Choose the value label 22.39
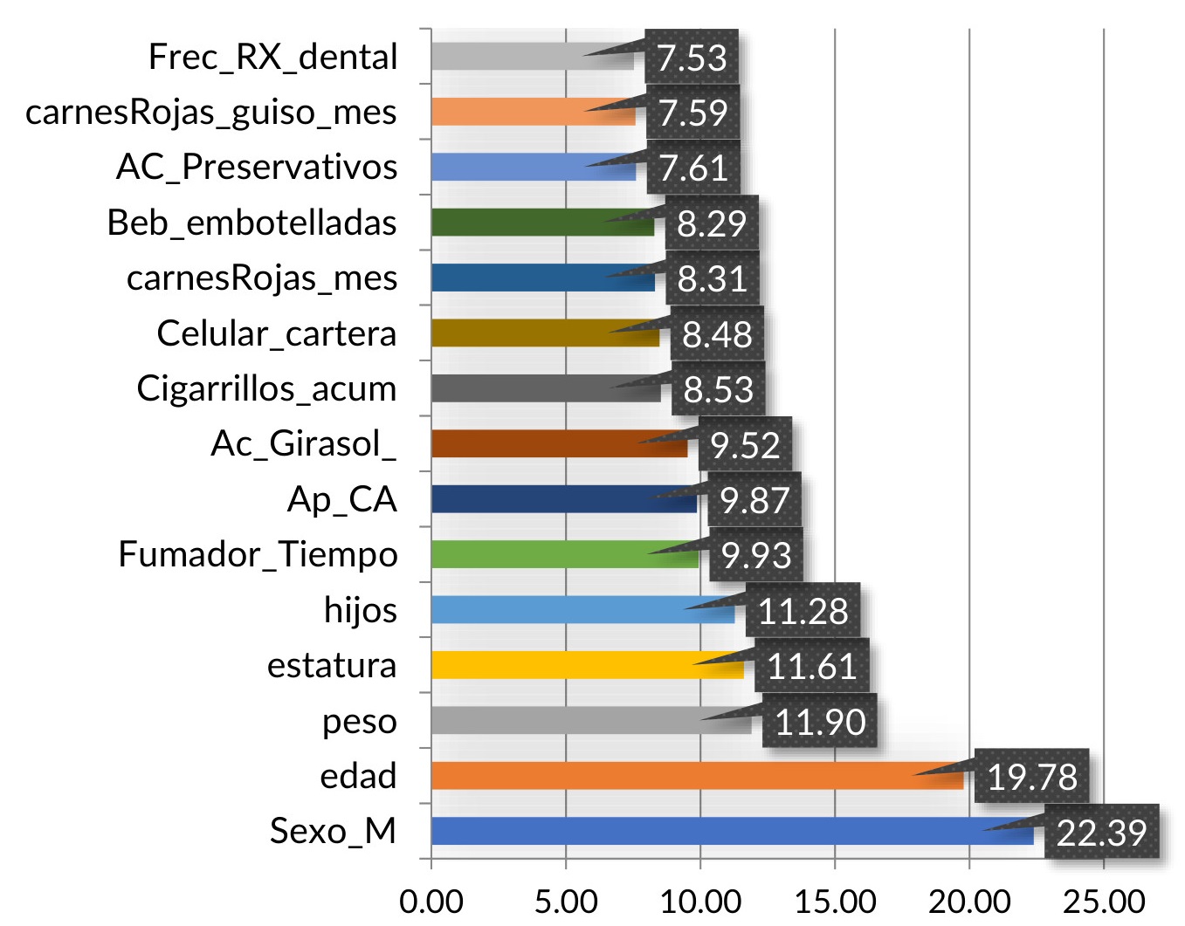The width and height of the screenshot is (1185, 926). click(1101, 832)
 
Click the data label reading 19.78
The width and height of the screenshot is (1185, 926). click(1031, 776)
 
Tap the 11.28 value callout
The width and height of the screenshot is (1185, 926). click(803, 610)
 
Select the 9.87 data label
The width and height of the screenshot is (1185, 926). click(754, 499)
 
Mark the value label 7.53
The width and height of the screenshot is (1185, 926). click(692, 58)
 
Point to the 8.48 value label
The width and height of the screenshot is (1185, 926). click(717, 333)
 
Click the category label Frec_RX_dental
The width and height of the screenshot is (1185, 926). click(272, 58)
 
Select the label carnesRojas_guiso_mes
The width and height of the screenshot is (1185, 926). click(211, 113)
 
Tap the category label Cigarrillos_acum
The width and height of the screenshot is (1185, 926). click(266, 388)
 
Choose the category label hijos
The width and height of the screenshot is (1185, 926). click(360, 610)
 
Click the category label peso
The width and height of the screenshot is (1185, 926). click(359, 721)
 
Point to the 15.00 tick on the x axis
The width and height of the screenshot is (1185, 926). click(835, 901)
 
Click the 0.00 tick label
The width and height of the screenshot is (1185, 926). click(431, 901)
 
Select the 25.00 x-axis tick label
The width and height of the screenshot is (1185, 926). click(1104, 901)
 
